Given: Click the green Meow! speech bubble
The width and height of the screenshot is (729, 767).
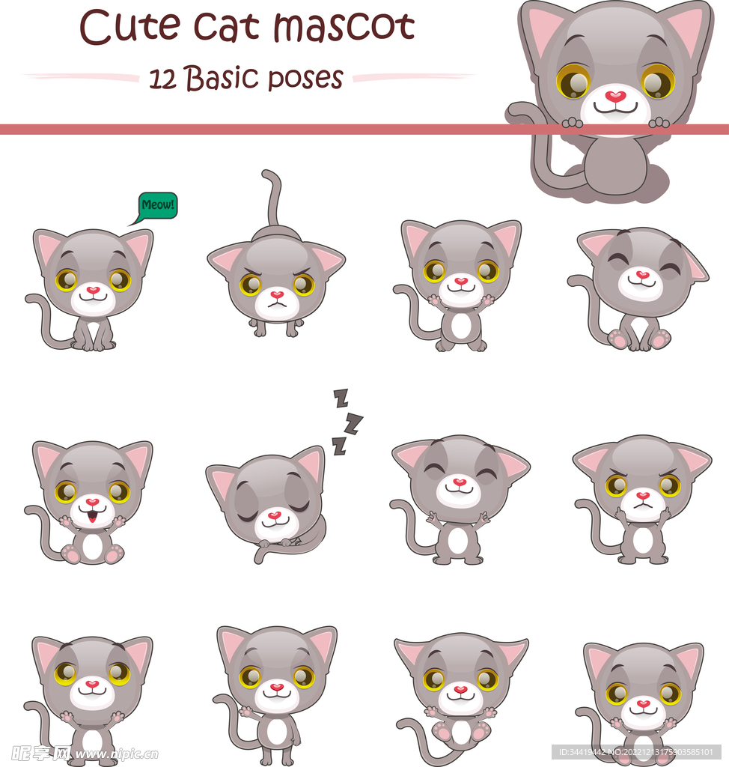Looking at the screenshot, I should coord(157,205).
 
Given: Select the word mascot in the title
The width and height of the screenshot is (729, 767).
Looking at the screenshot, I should coord(344,28).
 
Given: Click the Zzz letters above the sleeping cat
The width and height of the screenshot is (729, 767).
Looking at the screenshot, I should coord(346,422).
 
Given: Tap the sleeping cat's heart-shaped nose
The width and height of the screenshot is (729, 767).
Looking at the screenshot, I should coord(275,516).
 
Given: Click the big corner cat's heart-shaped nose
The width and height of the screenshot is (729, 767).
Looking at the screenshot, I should coord(615,97).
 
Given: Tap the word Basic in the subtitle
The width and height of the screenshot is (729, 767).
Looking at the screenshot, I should coord(222,78).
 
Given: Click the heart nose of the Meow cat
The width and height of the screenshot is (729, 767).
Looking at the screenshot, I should coord(93,290).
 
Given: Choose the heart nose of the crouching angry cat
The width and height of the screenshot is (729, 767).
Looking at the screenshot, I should coord(277,295).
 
